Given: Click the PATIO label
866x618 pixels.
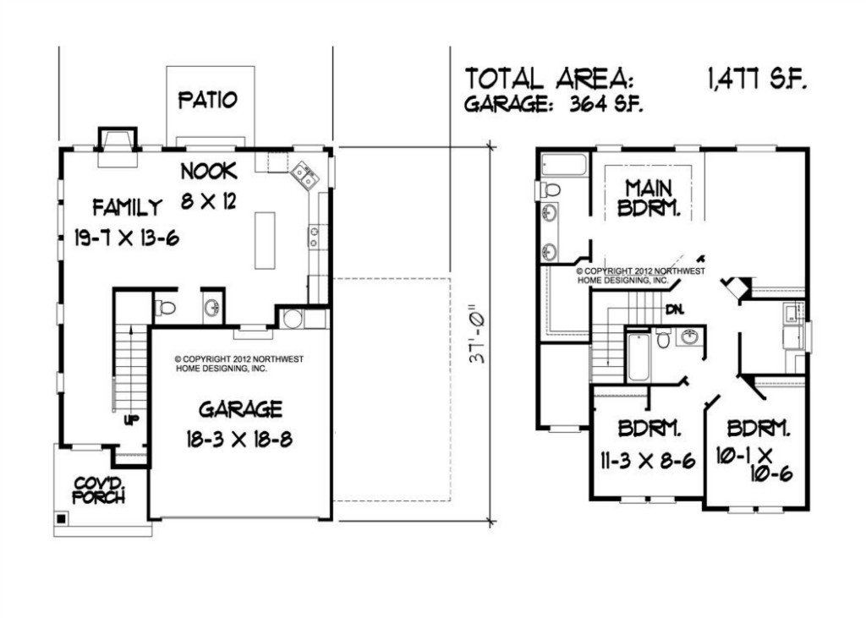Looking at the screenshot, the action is pyautogui.click(x=208, y=100).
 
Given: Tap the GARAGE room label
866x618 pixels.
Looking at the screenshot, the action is pyautogui.click(x=240, y=409).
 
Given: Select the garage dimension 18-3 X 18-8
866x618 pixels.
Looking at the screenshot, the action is pyautogui.click(x=239, y=440).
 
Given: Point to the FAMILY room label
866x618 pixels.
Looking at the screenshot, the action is pyautogui.click(x=128, y=207).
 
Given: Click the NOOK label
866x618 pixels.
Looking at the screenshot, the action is pyautogui.click(x=210, y=172).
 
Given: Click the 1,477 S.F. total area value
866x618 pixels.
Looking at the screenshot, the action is pyautogui.click(x=757, y=79).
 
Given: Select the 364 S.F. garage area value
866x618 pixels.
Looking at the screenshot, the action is pyautogui.click(x=606, y=104).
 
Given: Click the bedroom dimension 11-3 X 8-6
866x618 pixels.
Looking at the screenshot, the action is pyautogui.click(x=648, y=460).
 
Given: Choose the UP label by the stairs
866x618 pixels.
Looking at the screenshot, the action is pyautogui.click(x=131, y=420).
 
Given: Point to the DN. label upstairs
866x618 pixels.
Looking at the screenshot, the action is pyautogui.click(x=675, y=309).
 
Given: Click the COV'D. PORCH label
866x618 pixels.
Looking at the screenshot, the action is pyautogui.click(x=99, y=490).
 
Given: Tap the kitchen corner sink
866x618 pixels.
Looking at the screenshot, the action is pyautogui.click(x=304, y=175).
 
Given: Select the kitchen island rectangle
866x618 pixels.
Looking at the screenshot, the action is pyautogui.click(x=265, y=240).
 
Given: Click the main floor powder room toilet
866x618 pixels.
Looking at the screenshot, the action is pyautogui.click(x=165, y=307).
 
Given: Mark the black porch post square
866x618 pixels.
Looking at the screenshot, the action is pyautogui.click(x=61, y=519).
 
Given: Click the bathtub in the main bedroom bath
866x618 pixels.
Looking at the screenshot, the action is pyautogui.click(x=563, y=165).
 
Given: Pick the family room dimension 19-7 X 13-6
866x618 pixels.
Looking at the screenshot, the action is pyautogui.click(x=127, y=238).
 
